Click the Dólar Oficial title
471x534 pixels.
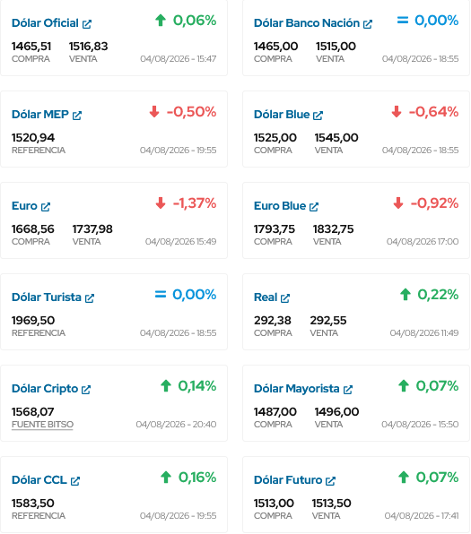pyautogui.click(x=45, y=23)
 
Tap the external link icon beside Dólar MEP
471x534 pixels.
pyautogui.click(x=77, y=116)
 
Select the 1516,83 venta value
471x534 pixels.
pyautogui.click(x=88, y=47)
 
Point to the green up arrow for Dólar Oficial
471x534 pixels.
pyautogui.click(x=161, y=20)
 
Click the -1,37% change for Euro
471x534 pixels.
pyautogui.click(x=195, y=203)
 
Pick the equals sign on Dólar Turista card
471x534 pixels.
pyautogui.click(x=161, y=294)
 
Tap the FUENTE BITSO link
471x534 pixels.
pyautogui.click(x=42, y=425)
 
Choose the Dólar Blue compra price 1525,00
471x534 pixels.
pyautogui.click(x=275, y=138)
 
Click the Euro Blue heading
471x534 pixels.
pyautogui.click(x=280, y=206)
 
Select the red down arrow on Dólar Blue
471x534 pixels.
pyautogui.click(x=397, y=111)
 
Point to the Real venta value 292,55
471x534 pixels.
pyautogui.click(x=328, y=321)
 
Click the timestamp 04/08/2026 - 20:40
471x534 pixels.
pyautogui.click(x=176, y=425)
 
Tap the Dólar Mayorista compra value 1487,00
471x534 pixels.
pyautogui.click(x=275, y=412)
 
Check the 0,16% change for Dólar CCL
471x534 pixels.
pyautogui.click(x=197, y=478)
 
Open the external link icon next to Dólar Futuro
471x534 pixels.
pyautogui.click(x=330, y=481)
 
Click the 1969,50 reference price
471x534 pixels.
pyautogui.click(x=33, y=321)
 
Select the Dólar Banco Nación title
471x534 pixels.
pyautogui.click(x=307, y=23)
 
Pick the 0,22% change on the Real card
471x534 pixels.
pyautogui.click(x=438, y=295)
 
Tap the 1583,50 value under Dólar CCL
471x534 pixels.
pyautogui.click(x=32, y=504)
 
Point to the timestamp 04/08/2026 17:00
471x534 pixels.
pyautogui.click(x=423, y=241)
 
